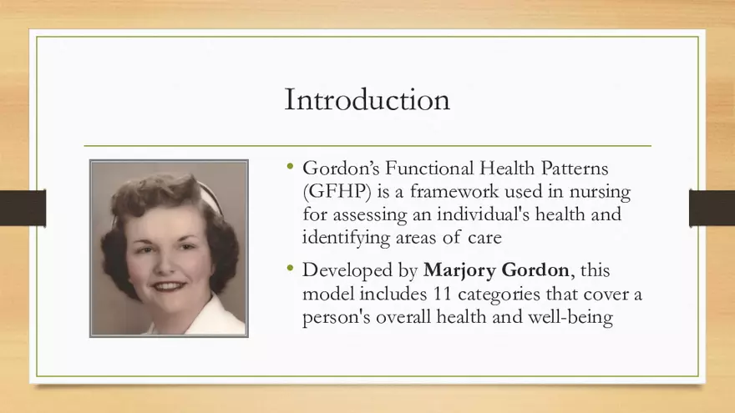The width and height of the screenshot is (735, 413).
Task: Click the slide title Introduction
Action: [367, 99]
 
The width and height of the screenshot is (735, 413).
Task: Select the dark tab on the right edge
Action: [712, 208]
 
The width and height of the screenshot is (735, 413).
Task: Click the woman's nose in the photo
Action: [170, 264]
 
